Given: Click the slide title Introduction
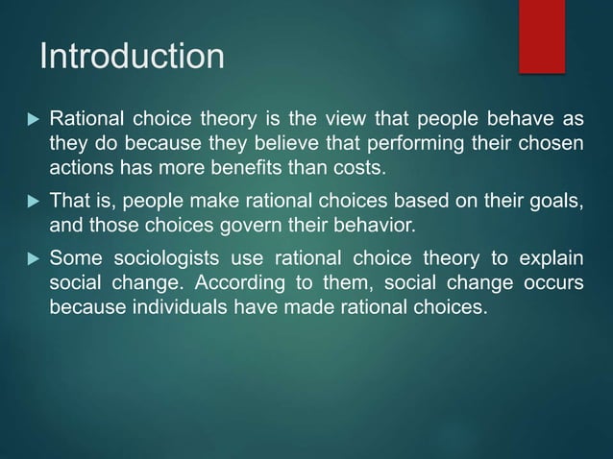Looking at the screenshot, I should click(x=132, y=57).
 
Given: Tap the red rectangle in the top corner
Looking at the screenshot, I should click(x=542, y=36).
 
